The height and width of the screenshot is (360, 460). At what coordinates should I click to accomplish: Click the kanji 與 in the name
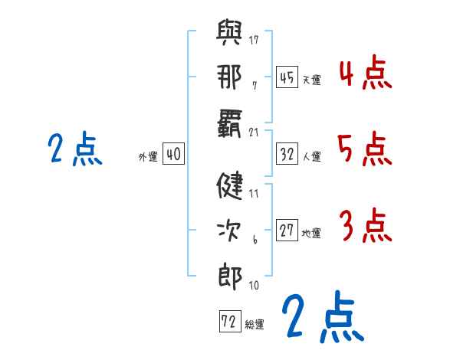(229, 32)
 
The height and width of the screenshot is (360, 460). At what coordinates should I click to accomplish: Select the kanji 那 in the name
(229, 77)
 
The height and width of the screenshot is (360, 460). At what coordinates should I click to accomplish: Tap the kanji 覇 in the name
(230, 123)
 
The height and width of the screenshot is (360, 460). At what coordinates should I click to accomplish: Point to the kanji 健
(230, 185)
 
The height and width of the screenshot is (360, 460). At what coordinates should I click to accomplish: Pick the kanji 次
(229, 231)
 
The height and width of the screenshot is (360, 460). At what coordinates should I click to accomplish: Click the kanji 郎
(230, 277)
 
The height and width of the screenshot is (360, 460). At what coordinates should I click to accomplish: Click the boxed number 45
(287, 77)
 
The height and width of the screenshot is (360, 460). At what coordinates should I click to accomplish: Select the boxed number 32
(287, 154)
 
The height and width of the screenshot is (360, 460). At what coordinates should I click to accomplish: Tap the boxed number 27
(287, 230)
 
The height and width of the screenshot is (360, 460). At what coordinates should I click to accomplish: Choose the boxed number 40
(173, 153)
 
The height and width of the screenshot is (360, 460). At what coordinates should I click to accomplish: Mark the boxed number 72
(230, 321)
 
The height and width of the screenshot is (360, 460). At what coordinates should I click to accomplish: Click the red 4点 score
(366, 73)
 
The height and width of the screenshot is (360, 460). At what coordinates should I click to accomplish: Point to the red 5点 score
(365, 149)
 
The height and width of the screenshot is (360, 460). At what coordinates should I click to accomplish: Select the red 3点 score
(366, 225)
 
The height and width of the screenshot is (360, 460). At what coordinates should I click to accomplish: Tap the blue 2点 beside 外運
(75, 149)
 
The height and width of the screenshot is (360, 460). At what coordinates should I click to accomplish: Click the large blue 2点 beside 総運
(323, 316)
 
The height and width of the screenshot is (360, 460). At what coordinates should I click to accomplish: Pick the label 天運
(312, 80)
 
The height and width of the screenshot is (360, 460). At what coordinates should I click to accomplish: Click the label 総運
(255, 325)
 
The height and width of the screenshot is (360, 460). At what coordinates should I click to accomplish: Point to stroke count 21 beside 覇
(254, 133)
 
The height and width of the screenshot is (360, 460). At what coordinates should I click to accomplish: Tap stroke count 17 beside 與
(254, 40)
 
